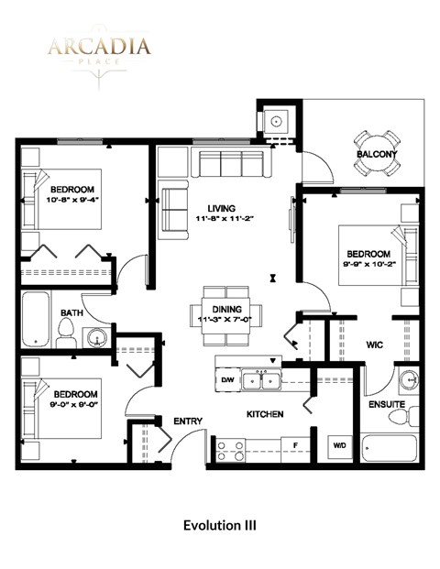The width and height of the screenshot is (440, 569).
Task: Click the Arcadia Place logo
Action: [100, 50]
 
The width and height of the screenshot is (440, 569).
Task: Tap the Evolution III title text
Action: [219, 526]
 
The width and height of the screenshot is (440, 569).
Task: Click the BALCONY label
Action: [376, 154]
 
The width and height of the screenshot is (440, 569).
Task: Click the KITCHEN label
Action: [265, 414]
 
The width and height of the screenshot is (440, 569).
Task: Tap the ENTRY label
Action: [188, 421]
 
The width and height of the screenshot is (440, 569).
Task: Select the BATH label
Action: [71, 312]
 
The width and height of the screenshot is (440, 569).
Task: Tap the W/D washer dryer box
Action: [339, 446]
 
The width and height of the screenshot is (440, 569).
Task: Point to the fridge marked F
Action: [295, 446]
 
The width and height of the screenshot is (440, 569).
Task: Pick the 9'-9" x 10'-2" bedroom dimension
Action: [368, 265]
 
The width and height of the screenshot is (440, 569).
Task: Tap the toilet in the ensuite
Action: [396, 418]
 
